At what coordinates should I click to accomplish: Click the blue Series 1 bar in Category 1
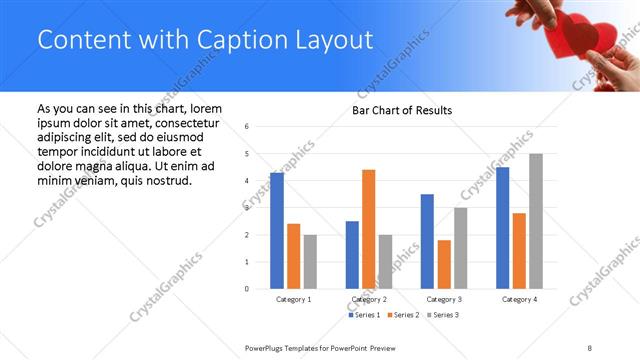(277, 230)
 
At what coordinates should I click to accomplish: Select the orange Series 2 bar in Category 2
(368, 229)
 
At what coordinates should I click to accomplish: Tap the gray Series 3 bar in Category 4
(536, 221)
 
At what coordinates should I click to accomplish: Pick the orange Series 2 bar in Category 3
(444, 264)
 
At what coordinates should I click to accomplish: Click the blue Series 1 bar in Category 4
(502, 227)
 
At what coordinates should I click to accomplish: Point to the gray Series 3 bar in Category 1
(310, 262)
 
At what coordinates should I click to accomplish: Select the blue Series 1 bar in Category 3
(427, 241)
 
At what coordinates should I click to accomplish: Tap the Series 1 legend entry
(363, 315)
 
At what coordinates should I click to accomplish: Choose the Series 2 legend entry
(402, 315)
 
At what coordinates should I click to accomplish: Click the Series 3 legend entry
(441, 315)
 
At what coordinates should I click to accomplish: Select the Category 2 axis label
(370, 299)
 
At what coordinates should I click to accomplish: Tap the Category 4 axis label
(519, 299)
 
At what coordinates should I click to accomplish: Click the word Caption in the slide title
(231, 40)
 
